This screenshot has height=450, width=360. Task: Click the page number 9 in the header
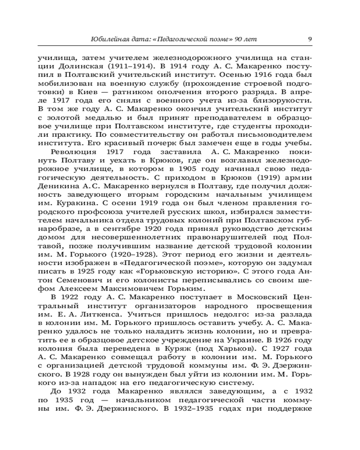tap(310, 39)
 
